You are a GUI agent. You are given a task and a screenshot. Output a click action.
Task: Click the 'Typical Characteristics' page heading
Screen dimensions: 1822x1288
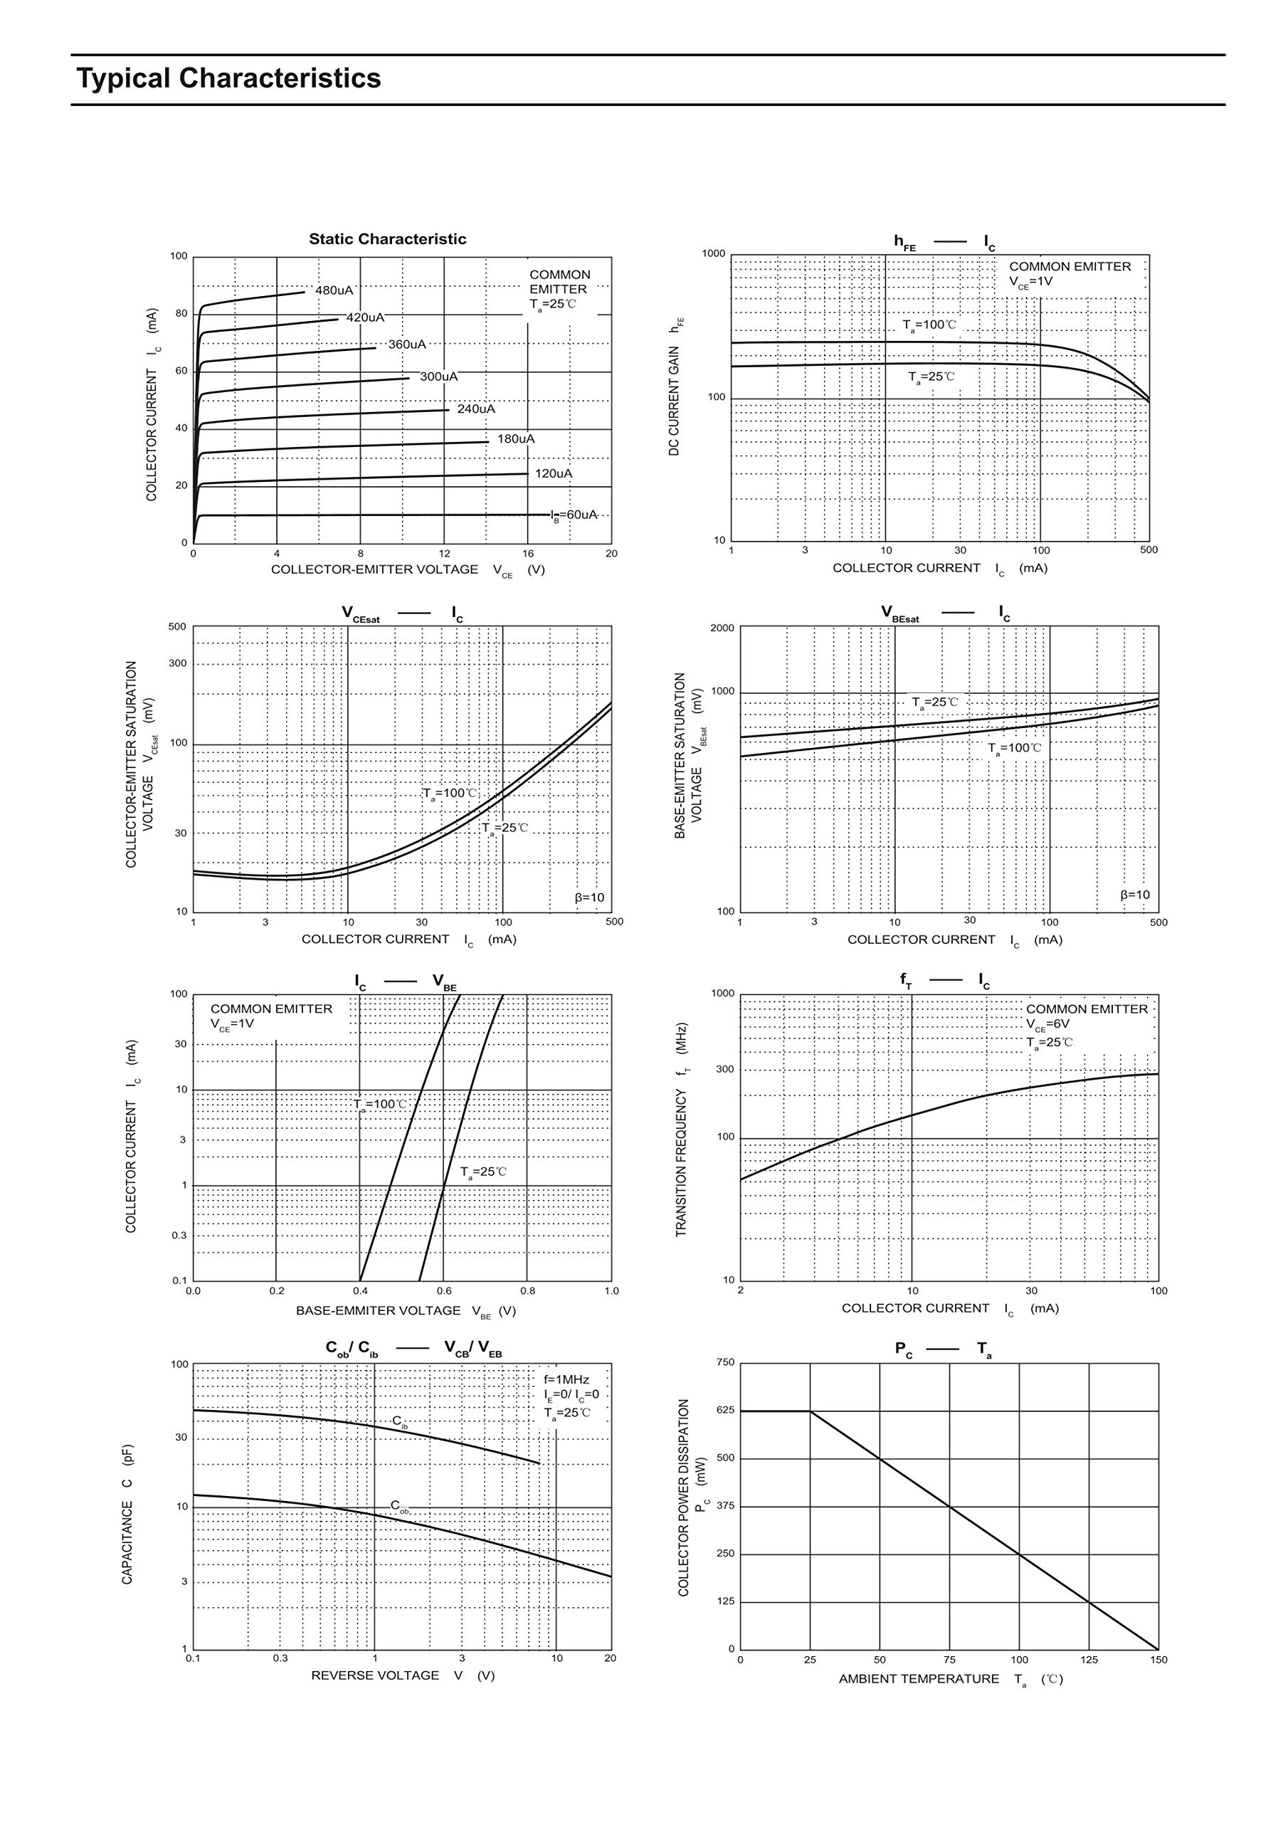pos(228,78)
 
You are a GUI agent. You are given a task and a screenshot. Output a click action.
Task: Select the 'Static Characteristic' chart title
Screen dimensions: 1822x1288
pos(387,239)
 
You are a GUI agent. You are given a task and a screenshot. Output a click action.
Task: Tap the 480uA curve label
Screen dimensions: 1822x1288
pos(334,290)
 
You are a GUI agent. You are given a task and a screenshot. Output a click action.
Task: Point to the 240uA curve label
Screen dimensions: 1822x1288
pos(476,409)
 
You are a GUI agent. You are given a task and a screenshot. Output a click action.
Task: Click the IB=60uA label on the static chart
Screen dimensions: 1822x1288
pos(574,515)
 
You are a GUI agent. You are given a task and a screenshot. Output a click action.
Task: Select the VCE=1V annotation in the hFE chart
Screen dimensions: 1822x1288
pos(1031,282)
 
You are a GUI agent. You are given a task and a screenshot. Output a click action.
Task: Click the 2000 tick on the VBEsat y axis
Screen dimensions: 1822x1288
pos(722,628)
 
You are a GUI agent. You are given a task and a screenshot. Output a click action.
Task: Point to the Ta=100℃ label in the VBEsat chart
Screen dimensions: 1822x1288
pos(1014,747)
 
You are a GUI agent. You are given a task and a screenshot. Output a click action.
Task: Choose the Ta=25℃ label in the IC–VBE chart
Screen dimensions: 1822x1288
pos(483,1171)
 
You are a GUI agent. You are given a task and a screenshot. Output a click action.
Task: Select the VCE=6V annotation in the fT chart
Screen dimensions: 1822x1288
pos(1047,1024)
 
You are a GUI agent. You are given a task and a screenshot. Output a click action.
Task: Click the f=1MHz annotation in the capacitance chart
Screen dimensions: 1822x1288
pos(566,1380)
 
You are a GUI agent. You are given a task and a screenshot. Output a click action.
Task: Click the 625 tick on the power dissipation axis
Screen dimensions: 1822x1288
pos(725,1410)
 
